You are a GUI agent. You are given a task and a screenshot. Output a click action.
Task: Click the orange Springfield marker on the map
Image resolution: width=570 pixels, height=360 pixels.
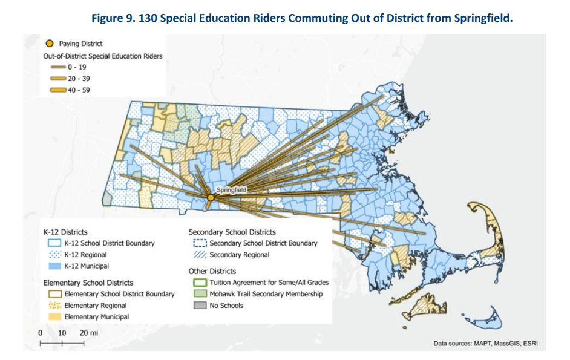tap(211, 197)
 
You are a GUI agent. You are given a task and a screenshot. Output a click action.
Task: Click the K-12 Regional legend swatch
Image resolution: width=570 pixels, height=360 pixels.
tap(54, 255)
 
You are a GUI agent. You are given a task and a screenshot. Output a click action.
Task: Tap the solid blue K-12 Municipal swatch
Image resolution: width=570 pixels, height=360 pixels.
tap(54, 266)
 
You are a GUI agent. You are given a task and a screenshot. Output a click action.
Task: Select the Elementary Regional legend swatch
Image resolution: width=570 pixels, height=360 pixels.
tap(54, 306)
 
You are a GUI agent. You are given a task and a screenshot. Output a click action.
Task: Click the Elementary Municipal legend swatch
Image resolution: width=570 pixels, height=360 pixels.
tap(54, 316)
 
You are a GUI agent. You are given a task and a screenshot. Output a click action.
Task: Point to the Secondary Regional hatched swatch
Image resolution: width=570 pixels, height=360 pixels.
tap(200, 255)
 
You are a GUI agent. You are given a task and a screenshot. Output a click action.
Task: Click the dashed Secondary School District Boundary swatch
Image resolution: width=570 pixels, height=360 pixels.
tap(200, 243)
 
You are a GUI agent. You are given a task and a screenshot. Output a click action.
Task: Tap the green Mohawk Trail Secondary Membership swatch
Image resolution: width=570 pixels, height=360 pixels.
tap(200, 294)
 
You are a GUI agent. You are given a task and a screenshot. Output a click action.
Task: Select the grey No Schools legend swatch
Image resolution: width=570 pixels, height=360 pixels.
tap(200, 306)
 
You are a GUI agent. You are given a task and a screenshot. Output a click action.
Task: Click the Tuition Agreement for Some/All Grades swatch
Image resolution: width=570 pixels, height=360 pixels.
tap(200, 283)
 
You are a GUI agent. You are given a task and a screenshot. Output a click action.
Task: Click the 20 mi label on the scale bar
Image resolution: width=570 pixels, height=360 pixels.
tap(88, 333)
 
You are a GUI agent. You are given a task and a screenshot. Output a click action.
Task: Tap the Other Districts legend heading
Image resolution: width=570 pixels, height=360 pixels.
tap(212, 271)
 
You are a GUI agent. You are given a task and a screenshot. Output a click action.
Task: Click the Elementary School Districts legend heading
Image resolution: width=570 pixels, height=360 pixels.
tap(88, 283)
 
